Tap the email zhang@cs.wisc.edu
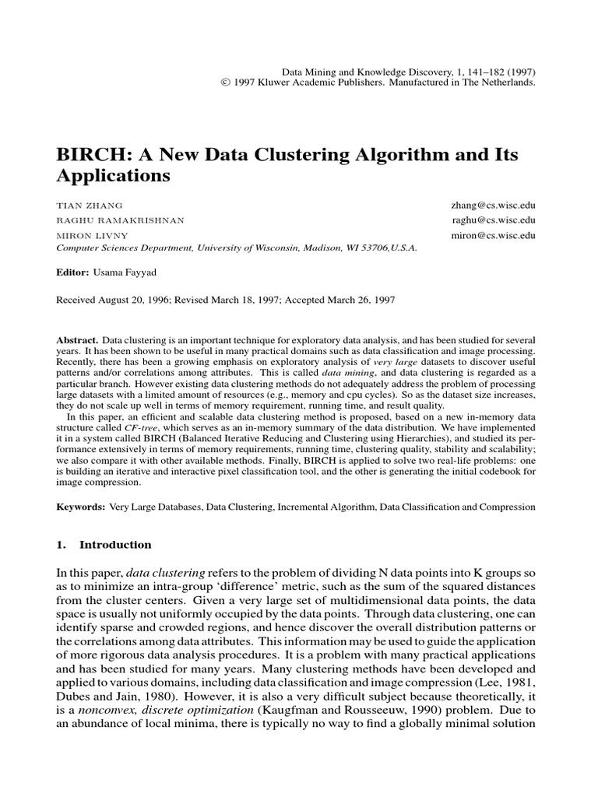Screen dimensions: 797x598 494,205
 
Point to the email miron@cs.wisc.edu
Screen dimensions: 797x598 494,235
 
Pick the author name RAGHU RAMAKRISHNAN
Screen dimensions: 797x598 121,220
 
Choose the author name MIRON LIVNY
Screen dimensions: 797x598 92,235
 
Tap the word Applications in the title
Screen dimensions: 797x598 113,177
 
